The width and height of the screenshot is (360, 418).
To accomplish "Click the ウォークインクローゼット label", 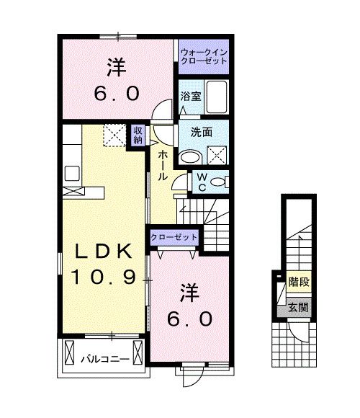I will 204,57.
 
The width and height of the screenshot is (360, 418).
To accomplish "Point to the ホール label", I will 164,164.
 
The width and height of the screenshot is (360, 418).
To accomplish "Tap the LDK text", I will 104,252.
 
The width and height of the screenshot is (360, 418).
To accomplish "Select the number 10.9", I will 104,277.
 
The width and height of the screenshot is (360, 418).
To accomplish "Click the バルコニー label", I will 99,358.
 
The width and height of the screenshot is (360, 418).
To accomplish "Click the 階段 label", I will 295,283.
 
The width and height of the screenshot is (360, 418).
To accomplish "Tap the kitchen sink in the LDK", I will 73,173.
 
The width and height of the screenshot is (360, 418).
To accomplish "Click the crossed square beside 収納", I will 114,135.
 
